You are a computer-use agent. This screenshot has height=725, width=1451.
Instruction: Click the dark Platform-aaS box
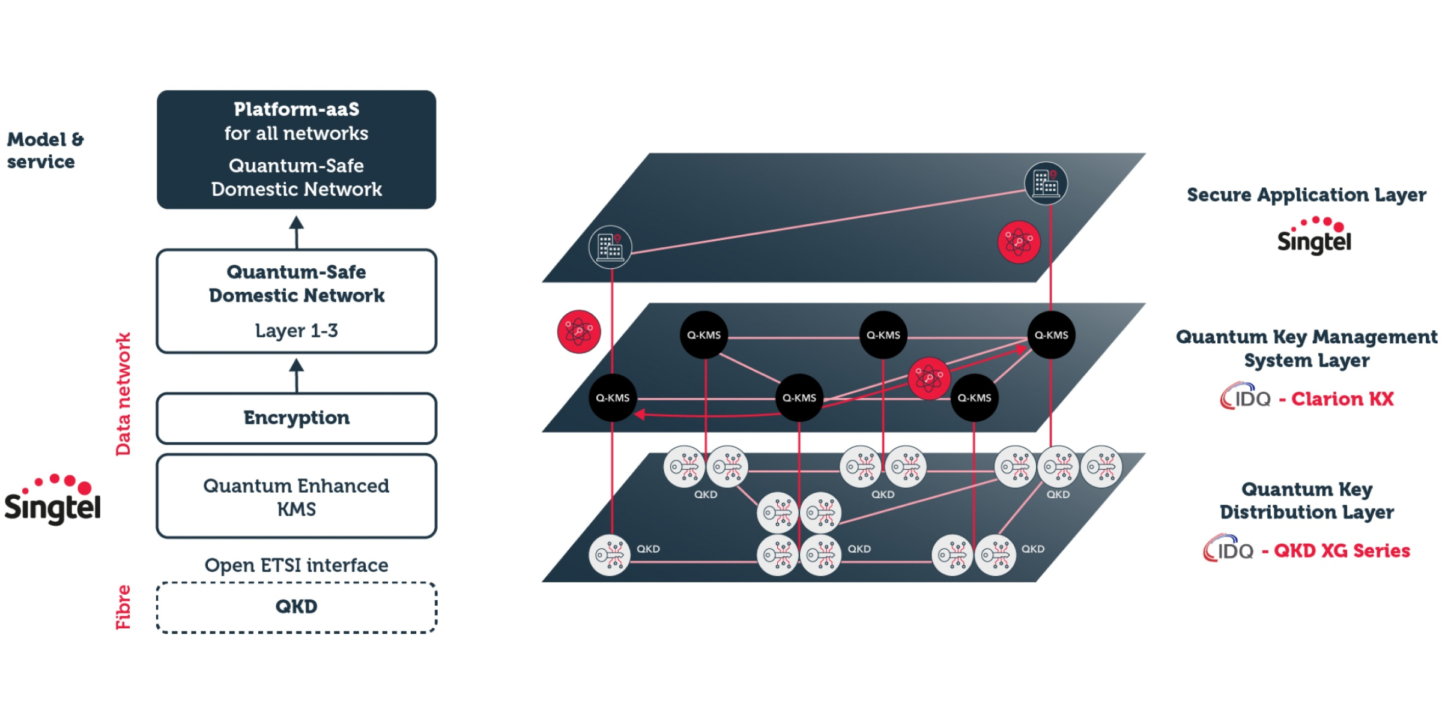click(296, 149)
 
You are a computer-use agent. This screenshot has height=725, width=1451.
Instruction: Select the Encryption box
click(296, 418)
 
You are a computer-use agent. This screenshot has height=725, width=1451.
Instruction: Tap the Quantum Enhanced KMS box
click(296, 496)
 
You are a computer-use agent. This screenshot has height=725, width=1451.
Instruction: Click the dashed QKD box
click(296, 607)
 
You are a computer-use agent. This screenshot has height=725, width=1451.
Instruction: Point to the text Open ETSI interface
click(296, 565)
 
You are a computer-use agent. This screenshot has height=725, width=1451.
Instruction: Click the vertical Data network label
click(123, 394)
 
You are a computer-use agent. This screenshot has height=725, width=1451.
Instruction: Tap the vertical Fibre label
click(123, 607)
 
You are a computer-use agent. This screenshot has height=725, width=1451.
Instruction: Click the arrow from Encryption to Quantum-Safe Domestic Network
click(296, 375)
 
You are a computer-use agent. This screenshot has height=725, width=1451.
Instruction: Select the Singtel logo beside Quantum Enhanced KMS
click(53, 500)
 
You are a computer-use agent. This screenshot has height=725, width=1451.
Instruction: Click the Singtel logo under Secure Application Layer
click(1314, 236)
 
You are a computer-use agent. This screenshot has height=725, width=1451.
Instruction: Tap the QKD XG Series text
click(1341, 551)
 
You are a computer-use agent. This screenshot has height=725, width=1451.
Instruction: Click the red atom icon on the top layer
click(1019, 242)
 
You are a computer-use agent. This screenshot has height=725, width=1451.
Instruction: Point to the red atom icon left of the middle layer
click(578, 331)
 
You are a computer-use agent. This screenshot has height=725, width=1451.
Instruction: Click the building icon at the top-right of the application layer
click(1046, 183)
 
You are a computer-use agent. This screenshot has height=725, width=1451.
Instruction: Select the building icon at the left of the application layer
click(610, 246)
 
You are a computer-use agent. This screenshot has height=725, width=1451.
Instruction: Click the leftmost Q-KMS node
click(612, 398)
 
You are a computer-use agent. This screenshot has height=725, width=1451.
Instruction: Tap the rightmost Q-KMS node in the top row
click(1051, 335)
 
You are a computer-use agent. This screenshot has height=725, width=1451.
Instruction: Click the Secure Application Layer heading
click(1306, 194)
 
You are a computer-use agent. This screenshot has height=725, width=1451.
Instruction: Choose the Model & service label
click(44, 150)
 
